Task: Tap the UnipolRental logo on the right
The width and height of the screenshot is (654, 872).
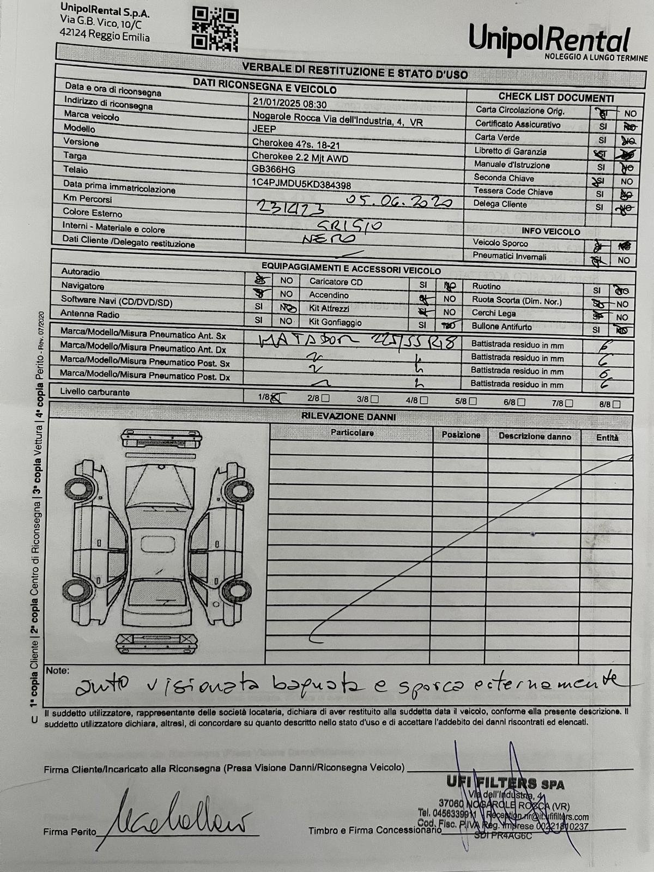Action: pos(550,41)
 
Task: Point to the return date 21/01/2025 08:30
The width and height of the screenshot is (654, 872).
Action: pos(289,104)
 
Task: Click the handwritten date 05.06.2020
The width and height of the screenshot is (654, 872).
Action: pos(399,201)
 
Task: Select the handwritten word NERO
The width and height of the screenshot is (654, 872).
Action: pos(329,238)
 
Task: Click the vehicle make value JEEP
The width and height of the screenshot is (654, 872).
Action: pos(264,129)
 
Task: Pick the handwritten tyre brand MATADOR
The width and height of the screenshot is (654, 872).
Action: pos(307,341)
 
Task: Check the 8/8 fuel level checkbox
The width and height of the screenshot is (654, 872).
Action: pos(616,404)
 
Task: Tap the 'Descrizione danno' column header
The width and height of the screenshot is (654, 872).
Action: pos(535,437)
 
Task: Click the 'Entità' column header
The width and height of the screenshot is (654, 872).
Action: pos(607,437)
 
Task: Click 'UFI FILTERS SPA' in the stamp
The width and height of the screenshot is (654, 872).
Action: pos(505,783)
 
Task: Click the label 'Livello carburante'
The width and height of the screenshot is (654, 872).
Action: pos(95,392)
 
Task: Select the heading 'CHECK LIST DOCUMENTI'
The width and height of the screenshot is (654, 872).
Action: pos(556,98)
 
